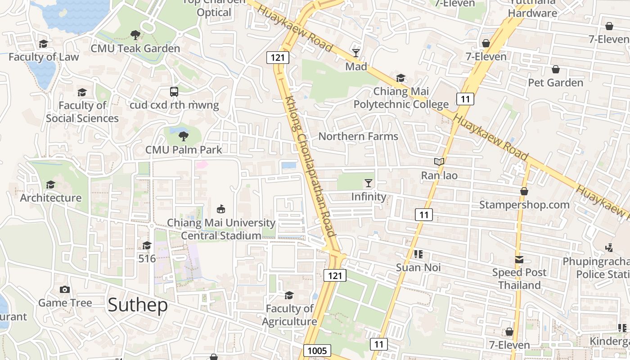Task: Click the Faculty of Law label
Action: [x=44, y=57]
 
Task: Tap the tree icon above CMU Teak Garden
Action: [x=135, y=35]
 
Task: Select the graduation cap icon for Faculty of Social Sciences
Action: [x=82, y=93]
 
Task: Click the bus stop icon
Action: [x=174, y=92]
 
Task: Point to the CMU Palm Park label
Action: [x=184, y=149]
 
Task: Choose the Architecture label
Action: [x=51, y=198]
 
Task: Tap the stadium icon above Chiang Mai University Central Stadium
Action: [x=221, y=209]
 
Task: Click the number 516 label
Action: [x=147, y=259]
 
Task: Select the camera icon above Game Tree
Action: [x=65, y=290]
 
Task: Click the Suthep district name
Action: [x=138, y=305]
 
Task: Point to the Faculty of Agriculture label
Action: [x=289, y=315]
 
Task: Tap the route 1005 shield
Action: [x=317, y=351]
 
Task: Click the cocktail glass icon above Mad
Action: [x=356, y=53]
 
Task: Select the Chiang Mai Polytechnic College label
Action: [x=401, y=98]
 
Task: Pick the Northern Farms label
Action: [x=358, y=136]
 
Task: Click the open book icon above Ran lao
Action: [x=439, y=162]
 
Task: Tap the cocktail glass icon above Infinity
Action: [x=369, y=183]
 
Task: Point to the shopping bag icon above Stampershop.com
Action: [x=524, y=191]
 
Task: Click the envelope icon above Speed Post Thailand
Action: [x=519, y=259]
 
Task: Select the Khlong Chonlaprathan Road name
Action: [x=310, y=166]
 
